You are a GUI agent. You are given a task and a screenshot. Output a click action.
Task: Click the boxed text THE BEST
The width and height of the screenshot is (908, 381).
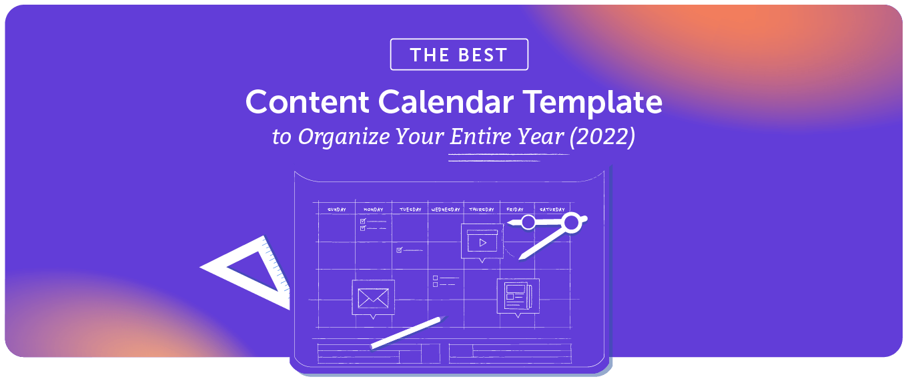[x=459, y=55]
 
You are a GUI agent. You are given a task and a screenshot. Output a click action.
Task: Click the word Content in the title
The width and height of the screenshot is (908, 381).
[x=308, y=102]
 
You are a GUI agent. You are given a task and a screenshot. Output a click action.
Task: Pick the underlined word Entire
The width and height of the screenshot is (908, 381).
[x=474, y=137]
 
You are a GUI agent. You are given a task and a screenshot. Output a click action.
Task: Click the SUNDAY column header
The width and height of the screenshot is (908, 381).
[x=336, y=210]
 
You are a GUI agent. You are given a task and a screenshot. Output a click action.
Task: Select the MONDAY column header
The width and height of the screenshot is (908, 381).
[x=373, y=210]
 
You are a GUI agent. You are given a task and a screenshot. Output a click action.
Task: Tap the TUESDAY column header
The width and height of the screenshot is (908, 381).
[x=410, y=210]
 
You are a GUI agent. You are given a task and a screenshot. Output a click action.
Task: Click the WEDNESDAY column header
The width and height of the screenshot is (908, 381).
[x=446, y=210]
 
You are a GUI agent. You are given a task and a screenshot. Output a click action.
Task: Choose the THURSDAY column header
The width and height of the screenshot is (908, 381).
[x=481, y=210]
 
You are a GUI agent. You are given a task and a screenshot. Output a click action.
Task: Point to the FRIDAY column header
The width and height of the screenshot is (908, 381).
[x=515, y=210]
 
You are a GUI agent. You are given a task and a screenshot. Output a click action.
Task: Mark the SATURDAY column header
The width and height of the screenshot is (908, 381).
[x=552, y=210]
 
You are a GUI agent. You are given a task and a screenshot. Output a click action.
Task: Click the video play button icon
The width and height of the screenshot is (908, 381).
[x=482, y=242]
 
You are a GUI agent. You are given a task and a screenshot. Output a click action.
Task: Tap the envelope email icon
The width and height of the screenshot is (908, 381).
[x=373, y=298]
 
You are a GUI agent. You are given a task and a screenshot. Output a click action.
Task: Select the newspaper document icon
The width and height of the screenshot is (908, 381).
[x=517, y=296]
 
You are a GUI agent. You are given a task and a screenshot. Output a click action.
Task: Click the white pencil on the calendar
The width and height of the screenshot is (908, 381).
[x=407, y=332]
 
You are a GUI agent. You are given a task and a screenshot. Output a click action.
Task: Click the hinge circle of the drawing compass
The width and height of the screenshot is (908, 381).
[x=572, y=222]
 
